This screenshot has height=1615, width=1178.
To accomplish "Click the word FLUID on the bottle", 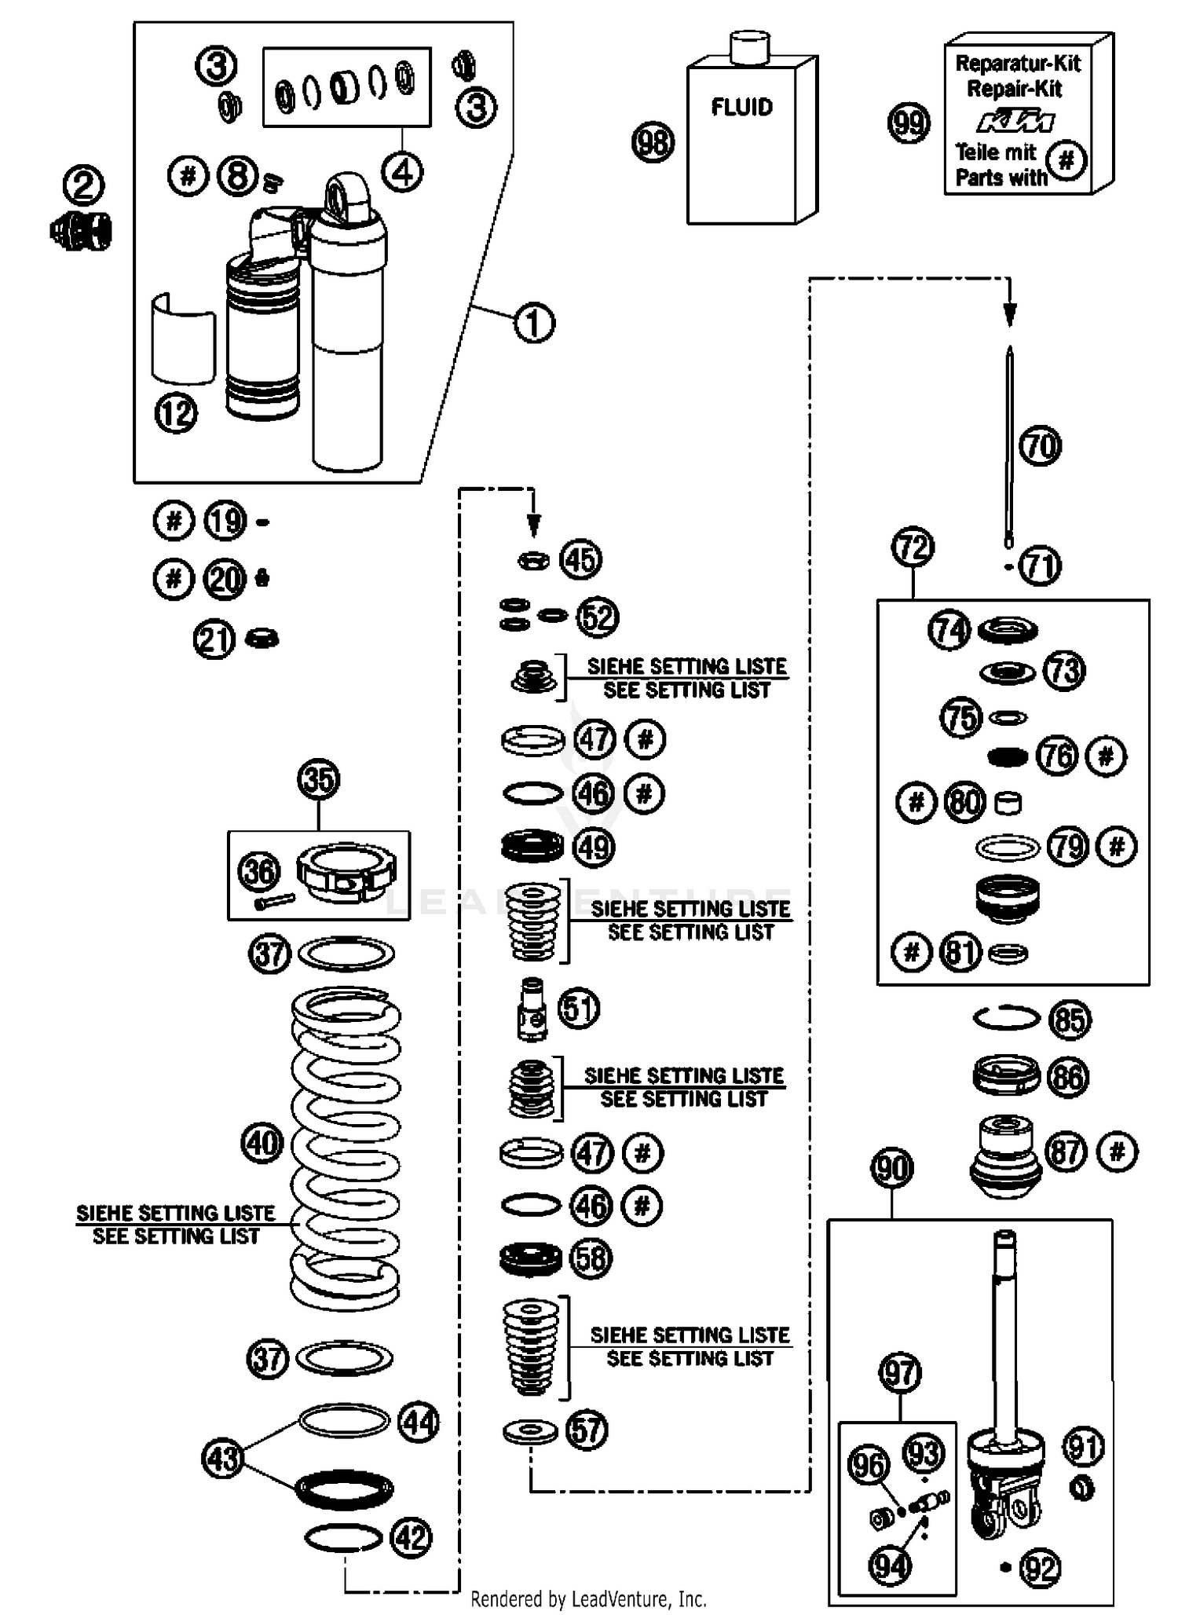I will (741, 107).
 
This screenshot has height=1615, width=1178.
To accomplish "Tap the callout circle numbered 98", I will (653, 143).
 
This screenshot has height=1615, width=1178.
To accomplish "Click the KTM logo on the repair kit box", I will (1015, 122).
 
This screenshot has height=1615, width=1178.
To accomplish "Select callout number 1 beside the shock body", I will (534, 323).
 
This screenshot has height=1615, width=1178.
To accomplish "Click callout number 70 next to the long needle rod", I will (1040, 446).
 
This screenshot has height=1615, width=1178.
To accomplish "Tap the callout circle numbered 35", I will (318, 780).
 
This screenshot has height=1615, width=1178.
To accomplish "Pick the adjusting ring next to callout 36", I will (346, 873).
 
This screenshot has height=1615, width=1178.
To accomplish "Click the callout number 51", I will (579, 1008).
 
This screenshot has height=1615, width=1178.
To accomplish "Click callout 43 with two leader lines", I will (222, 1459).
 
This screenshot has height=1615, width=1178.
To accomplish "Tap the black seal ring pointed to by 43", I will (345, 1488).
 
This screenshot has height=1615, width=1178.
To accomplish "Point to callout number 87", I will (1066, 1152).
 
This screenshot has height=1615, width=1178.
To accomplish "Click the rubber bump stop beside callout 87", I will (1006, 1155).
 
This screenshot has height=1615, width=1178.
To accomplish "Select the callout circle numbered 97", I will (899, 1373).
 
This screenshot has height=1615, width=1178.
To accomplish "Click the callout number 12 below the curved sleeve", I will (176, 413).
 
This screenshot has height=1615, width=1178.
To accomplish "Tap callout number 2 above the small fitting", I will (83, 186).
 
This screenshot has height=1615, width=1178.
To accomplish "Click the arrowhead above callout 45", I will (534, 525).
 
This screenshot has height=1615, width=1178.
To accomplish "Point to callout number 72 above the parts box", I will (913, 547).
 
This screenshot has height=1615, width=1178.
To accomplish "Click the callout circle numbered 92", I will (1040, 1568).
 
